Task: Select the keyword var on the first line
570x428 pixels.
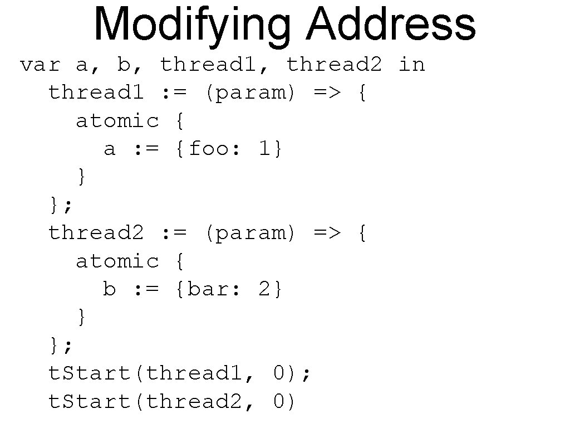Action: [x=40, y=65]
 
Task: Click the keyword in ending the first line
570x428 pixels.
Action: [x=412, y=65]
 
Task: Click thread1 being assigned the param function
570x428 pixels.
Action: [x=96, y=93]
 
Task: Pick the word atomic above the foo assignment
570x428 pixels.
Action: [x=117, y=121]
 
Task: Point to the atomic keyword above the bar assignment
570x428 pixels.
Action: [x=117, y=261]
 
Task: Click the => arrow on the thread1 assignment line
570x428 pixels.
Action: [x=327, y=93]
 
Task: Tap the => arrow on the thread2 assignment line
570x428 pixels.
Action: [x=327, y=234]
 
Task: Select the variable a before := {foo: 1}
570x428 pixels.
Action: [x=110, y=149]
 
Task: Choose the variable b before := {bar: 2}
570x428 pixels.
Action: [x=110, y=289]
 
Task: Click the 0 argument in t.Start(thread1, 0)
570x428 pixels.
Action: [x=279, y=373]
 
